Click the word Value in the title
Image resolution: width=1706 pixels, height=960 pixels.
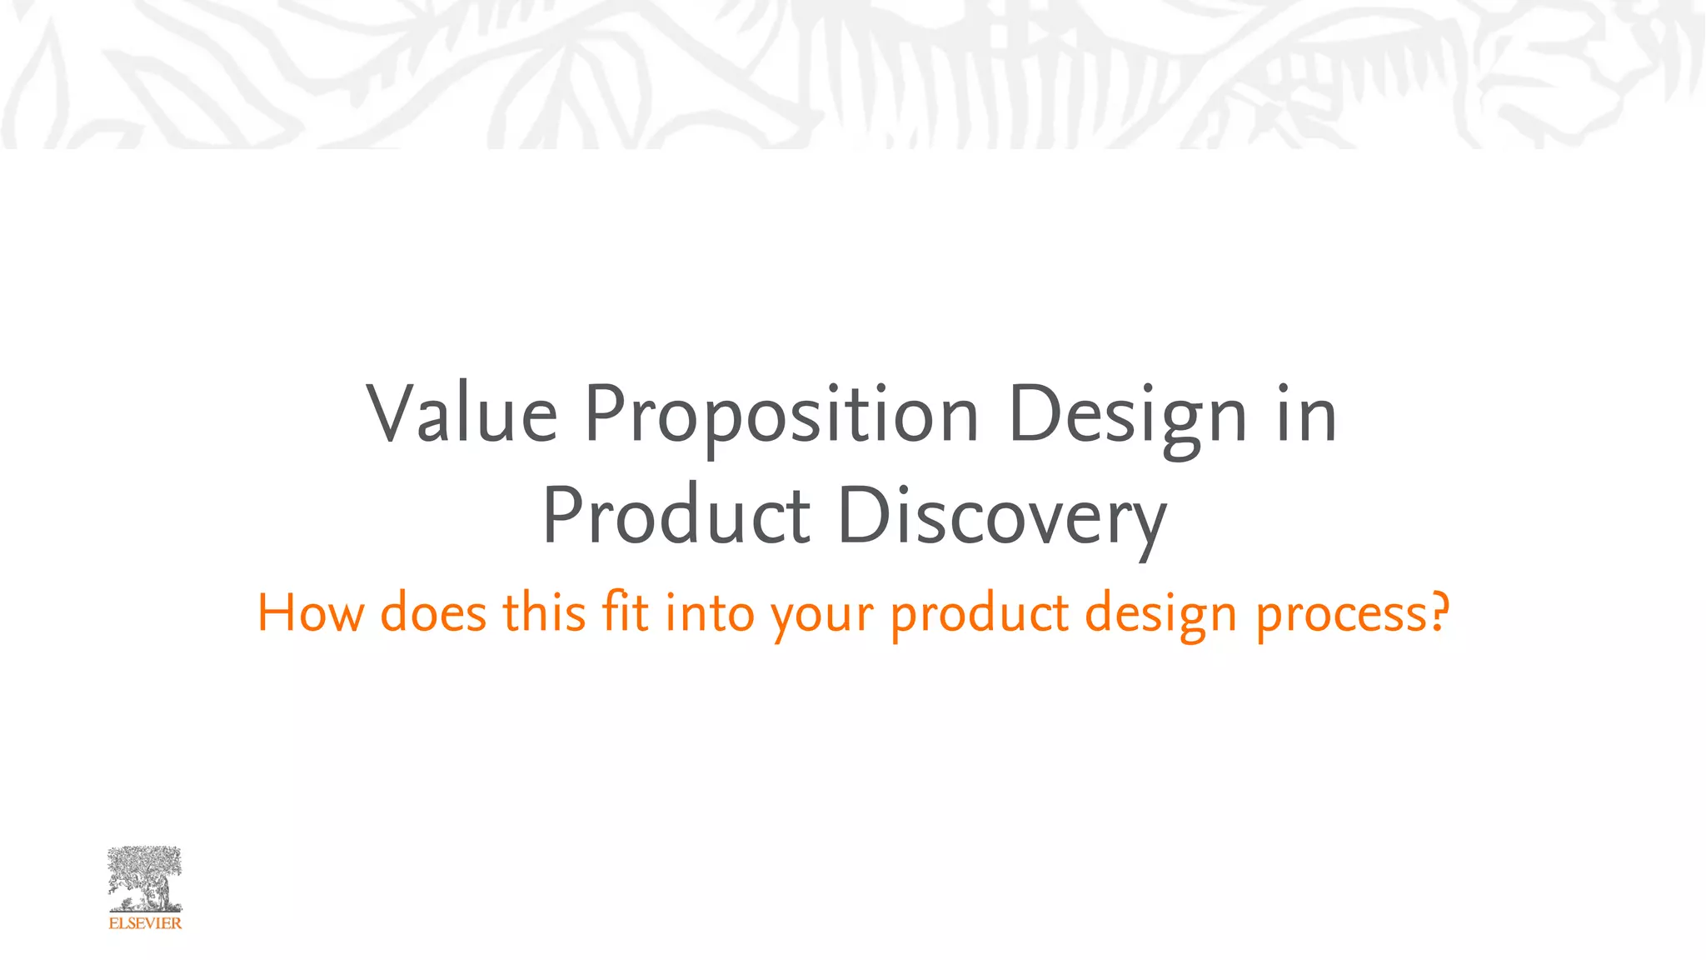tap(462, 414)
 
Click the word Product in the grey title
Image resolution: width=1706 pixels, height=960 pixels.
tap(676, 516)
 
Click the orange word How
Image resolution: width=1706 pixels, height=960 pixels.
tap(311, 613)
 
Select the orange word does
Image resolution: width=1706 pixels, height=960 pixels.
tap(433, 613)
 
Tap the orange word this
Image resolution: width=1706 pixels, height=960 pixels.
tap(544, 613)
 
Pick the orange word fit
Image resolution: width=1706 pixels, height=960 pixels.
tap(625, 613)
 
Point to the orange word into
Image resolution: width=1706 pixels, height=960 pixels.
tap(710, 613)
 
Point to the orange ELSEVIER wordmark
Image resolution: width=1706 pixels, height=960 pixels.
tap(145, 923)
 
